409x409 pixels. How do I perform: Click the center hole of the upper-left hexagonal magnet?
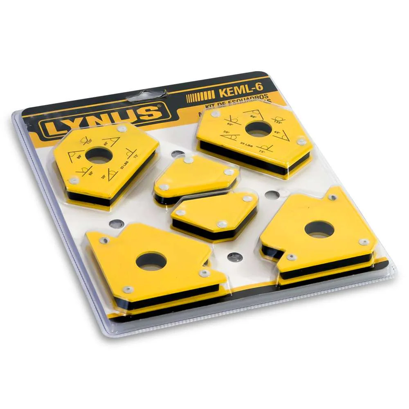click(99, 156)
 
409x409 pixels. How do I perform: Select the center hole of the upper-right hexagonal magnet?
click(258, 129)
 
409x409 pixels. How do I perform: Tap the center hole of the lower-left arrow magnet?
click(151, 261)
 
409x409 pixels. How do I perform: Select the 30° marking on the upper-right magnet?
click(226, 133)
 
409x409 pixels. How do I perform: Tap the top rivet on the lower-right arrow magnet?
click(333, 198)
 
